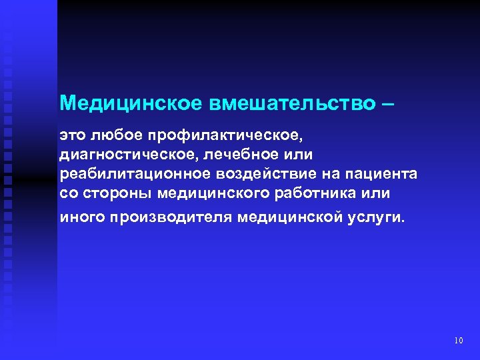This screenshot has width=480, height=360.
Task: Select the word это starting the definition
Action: tap(72, 135)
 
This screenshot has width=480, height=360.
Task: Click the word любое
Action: tap(115, 135)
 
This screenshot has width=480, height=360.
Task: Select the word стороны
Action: tap(114, 193)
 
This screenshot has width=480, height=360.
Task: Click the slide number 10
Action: tap(458, 341)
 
